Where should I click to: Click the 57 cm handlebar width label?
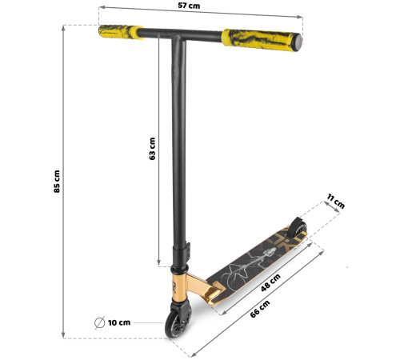point(189,6)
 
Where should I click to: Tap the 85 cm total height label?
point(57,182)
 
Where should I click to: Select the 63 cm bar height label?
point(152,149)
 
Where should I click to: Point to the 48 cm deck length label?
point(270,282)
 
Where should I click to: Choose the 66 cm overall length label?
point(260,309)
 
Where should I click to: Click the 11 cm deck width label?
point(336,201)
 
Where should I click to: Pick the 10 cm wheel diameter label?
point(119,322)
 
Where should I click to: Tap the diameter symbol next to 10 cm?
point(100,322)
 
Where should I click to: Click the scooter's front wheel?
point(177,322)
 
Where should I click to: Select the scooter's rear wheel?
point(298,226)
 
